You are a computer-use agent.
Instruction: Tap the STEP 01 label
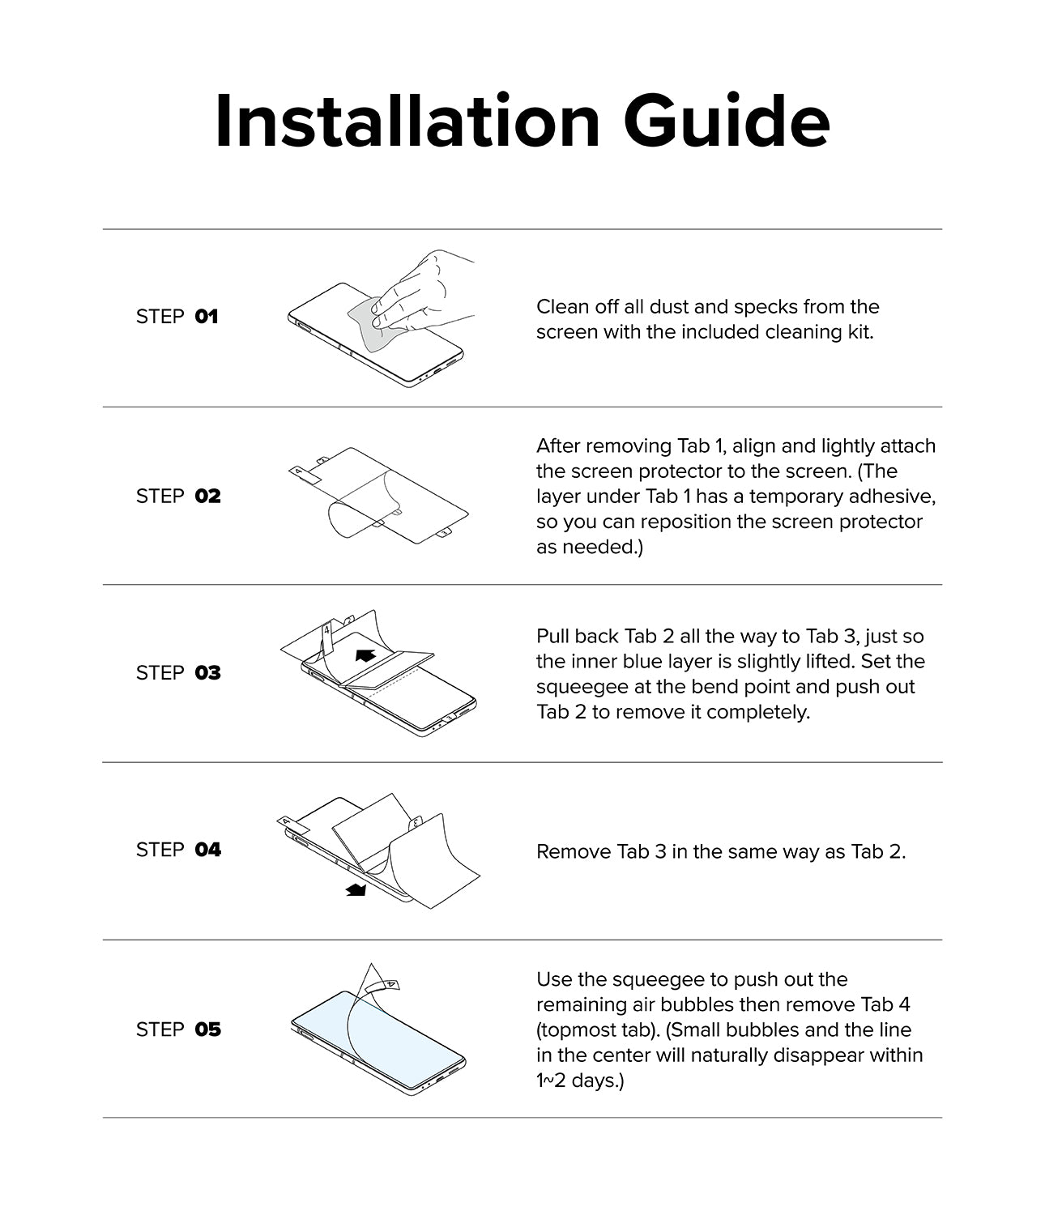[x=177, y=317]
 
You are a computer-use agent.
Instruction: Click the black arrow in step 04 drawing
[x=356, y=890]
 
